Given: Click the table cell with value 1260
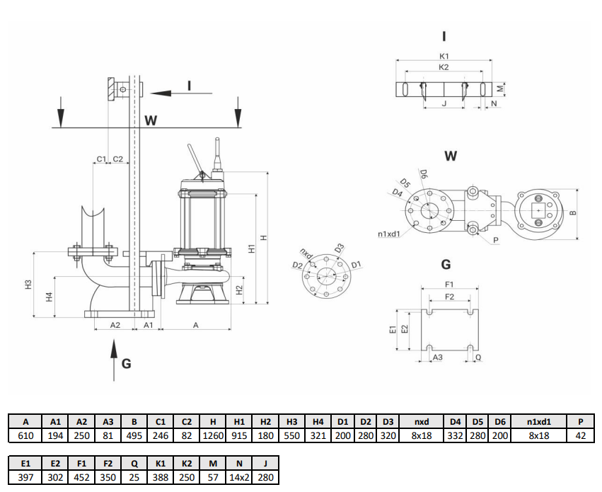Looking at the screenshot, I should [214, 436].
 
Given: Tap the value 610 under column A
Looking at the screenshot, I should [25, 436].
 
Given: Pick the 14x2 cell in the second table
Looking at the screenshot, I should [238, 477].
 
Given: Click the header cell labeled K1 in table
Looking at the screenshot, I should [161, 463].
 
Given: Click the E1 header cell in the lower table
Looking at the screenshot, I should [25, 463].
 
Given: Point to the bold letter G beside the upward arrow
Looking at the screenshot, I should [126, 364].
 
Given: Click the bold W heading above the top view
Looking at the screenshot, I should [451, 156].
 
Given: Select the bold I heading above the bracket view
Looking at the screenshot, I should [444, 36].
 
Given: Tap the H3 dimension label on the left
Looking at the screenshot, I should [29, 285].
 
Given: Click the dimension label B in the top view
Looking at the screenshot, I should [573, 212].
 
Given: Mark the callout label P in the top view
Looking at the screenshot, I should [496, 241].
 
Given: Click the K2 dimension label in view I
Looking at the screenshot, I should [444, 68].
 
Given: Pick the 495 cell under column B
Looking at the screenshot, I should [134, 436].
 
